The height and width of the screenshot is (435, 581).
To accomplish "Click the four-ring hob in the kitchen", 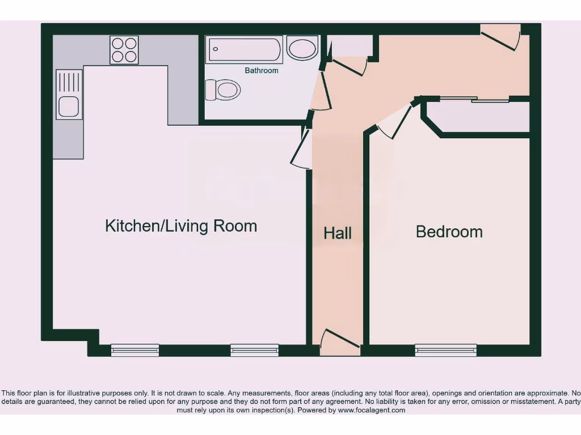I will click(124, 50).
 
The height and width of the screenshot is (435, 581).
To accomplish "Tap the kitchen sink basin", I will click(69, 106).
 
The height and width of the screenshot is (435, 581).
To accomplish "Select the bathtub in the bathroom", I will click(244, 50).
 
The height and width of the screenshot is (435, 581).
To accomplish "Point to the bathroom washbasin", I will click(302, 48).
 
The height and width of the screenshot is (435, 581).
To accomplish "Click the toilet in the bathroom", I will click(224, 89).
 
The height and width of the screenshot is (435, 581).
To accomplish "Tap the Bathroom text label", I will click(262, 71).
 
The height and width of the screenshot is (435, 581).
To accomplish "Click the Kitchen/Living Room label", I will click(181, 226).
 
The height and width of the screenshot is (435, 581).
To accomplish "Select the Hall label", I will click(338, 233).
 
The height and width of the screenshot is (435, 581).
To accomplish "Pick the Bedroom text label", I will click(449, 232).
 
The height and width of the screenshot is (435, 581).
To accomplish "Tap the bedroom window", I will click(445, 350).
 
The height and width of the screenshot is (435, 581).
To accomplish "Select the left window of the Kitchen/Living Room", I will click(134, 350).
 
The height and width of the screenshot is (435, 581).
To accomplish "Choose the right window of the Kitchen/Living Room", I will click(254, 350).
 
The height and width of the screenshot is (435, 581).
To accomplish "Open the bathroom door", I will click(319, 91).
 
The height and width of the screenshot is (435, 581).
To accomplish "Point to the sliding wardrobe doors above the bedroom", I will click(474, 100).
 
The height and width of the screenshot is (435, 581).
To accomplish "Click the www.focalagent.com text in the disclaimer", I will click(371, 410).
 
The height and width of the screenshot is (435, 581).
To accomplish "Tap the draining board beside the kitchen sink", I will click(69, 82).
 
